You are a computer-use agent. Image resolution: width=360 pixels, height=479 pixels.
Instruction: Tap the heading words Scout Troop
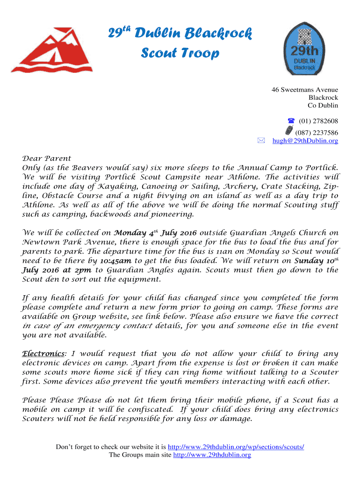(x=180, y=53)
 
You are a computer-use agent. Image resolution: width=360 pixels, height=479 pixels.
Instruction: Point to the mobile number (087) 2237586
(x=317, y=132)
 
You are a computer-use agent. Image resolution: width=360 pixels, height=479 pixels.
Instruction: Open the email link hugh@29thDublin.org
(x=305, y=141)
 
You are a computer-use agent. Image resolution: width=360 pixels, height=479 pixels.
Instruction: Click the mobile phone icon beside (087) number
(x=289, y=130)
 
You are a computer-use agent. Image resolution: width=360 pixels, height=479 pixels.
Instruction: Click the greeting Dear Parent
(x=47, y=159)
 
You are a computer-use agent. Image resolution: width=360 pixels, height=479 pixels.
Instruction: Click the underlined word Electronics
(x=43, y=354)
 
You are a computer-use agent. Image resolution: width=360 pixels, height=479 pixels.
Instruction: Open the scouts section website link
(x=236, y=447)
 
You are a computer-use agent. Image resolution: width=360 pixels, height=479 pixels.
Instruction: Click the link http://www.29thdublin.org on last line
(x=212, y=455)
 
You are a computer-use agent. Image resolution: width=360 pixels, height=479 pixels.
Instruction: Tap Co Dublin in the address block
(x=323, y=106)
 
